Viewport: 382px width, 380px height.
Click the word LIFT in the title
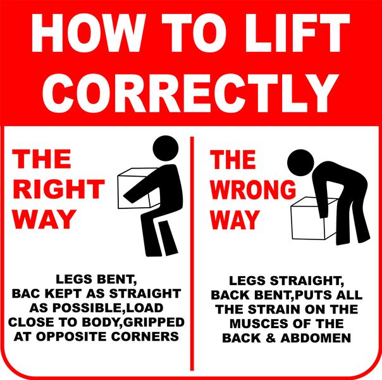(297, 33)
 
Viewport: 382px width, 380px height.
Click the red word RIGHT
(59, 189)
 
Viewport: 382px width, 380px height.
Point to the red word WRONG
(253, 190)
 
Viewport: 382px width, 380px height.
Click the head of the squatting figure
(166, 148)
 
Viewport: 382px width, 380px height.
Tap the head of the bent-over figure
(300, 162)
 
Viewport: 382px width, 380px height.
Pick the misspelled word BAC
(27, 293)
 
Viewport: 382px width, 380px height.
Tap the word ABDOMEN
(316, 338)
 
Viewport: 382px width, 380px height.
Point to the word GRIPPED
(154, 322)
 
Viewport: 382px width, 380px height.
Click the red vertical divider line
(192, 254)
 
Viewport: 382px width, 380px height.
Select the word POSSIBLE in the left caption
(84, 308)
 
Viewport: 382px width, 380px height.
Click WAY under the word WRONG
(235, 220)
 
